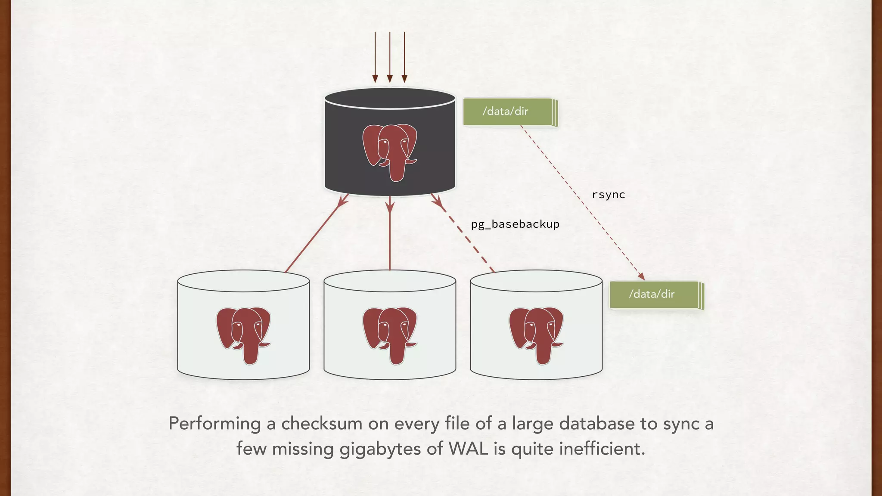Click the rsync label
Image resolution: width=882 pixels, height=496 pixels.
point(608,195)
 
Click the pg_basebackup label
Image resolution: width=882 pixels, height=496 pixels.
point(515,224)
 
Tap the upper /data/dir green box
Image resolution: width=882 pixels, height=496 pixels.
point(507,112)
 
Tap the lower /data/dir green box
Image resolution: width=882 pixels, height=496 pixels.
point(654,294)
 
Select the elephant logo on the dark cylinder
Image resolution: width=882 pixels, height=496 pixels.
point(390,152)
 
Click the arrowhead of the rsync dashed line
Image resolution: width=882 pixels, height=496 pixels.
point(641,276)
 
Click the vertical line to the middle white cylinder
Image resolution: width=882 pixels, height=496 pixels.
point(390,237)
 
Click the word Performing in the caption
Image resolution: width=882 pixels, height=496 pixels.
point(214,424)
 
